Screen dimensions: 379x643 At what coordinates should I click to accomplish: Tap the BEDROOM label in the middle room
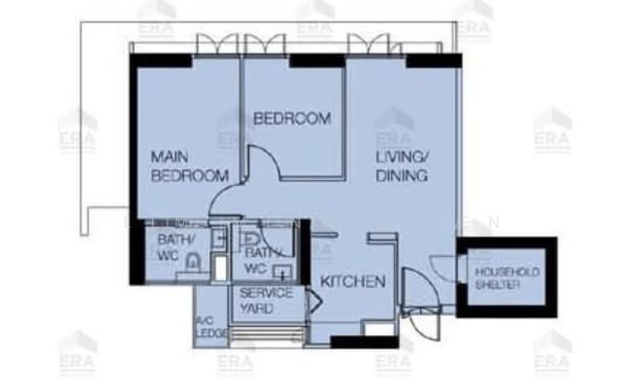point(292,119)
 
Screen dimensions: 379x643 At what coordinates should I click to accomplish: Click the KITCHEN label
point(353,282)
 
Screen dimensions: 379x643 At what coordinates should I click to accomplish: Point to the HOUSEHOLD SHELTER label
point(506,278)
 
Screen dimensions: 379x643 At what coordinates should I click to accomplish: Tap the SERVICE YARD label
point(267,300)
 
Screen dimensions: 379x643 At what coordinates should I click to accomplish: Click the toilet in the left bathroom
point(192,263)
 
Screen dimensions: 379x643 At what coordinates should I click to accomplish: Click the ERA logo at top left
point(157,18)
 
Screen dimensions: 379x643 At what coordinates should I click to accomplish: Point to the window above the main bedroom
point(216,45)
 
